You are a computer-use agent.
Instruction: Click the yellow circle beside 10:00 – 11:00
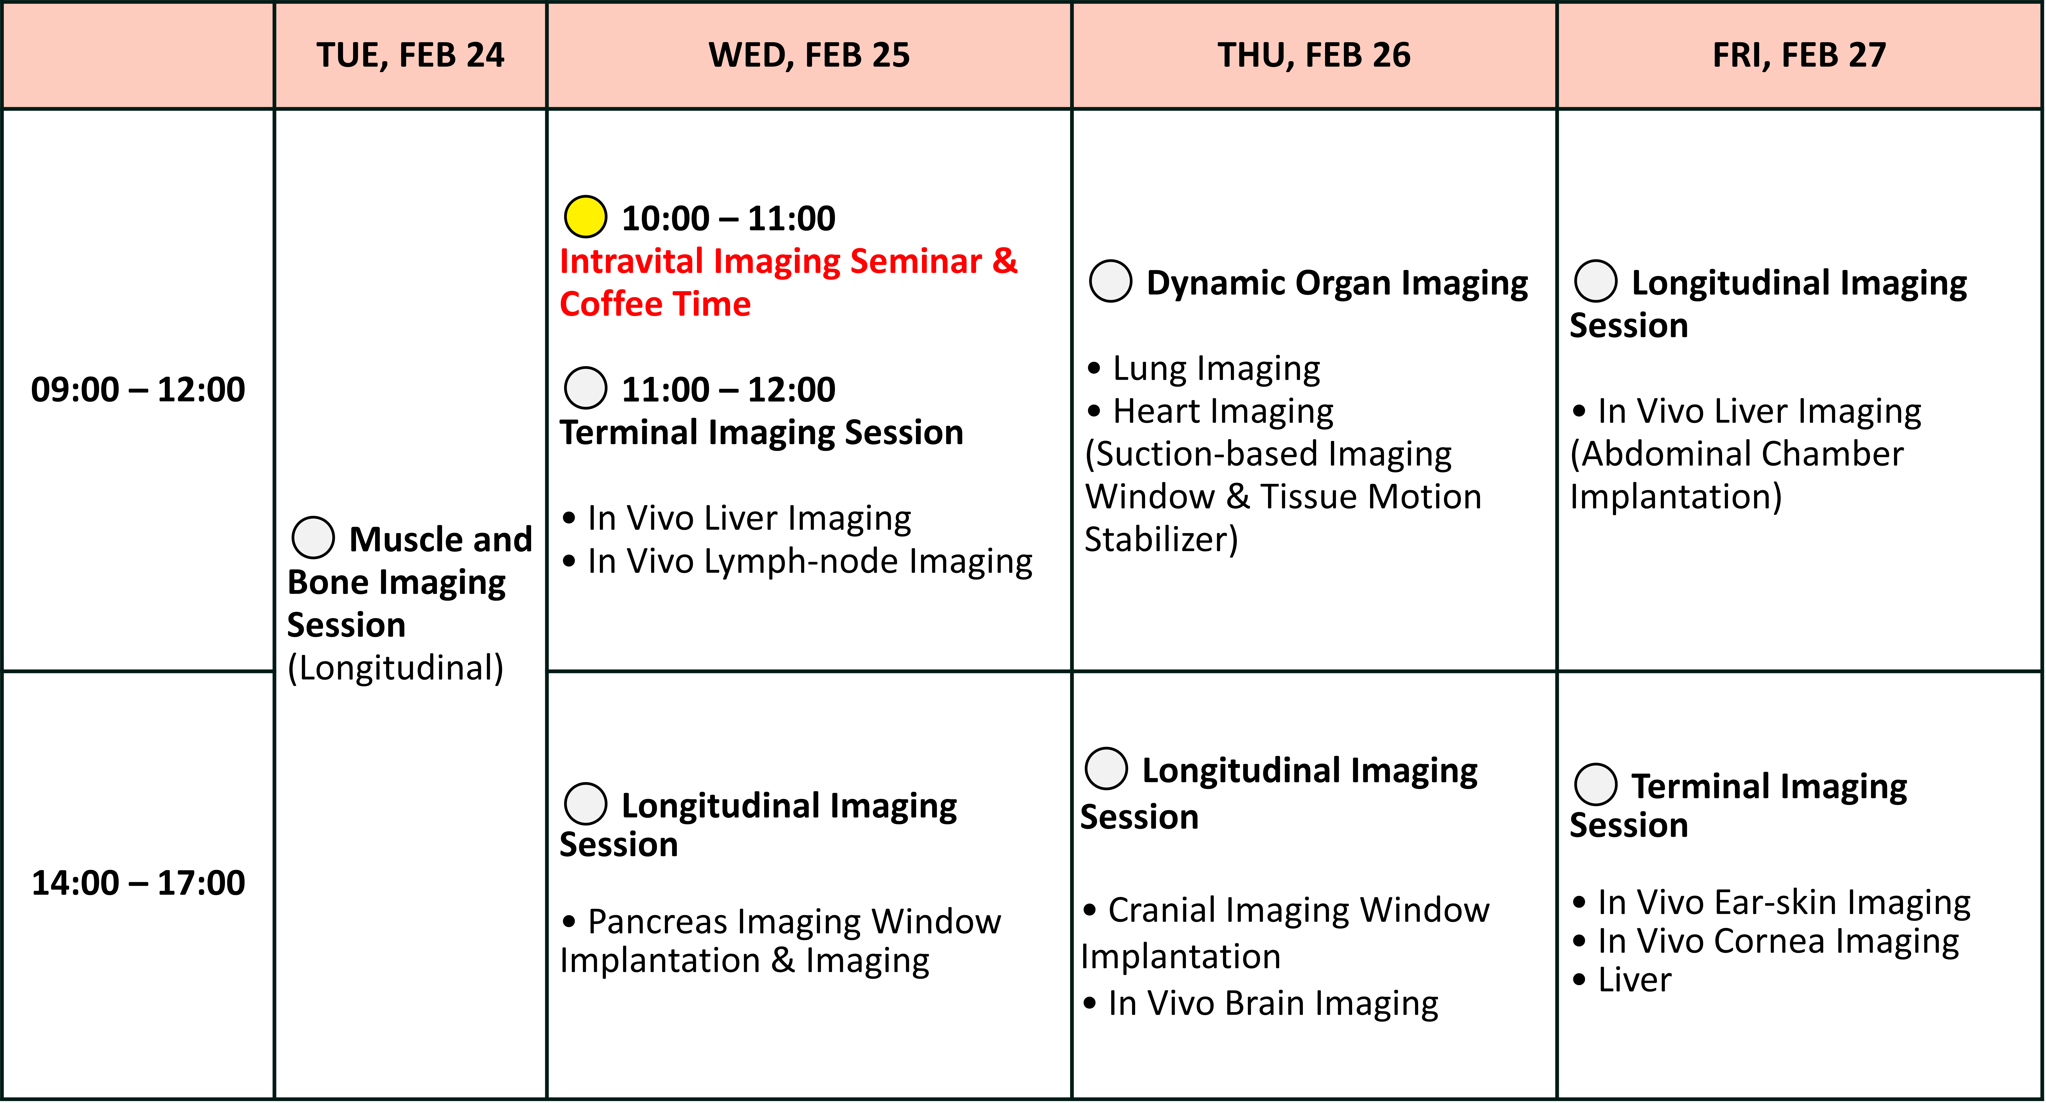click(585, 216)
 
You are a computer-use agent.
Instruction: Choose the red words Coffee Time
click(655, 304)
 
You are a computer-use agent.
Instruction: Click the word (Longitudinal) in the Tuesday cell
click(396, 668)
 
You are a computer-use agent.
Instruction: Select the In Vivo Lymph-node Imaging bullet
click(798, 561)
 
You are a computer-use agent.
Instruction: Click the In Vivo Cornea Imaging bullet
click(1766, 941)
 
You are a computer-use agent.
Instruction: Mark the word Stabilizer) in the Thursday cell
click(1161, 540)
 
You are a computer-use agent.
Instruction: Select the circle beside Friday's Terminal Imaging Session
click(1596, 784)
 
